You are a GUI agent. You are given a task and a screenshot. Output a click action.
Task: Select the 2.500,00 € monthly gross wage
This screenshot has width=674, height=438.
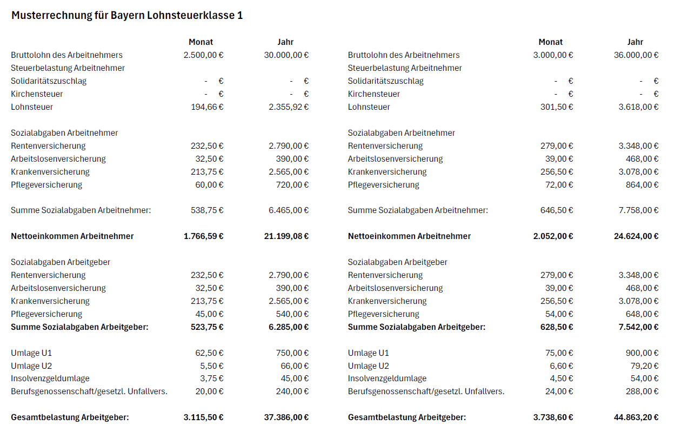point(203,55)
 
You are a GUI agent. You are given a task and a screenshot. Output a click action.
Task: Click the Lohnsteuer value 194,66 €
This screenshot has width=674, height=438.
point(207,107)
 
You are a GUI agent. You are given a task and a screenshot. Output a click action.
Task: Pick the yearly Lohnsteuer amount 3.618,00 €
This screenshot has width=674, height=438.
point(638,107)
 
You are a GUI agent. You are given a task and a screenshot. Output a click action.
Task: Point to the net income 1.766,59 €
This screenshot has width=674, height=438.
point(203,236)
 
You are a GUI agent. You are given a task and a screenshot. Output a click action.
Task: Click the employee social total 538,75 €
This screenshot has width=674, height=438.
point(207,210)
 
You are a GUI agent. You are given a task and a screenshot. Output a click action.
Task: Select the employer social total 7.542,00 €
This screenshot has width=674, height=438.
point(638,327)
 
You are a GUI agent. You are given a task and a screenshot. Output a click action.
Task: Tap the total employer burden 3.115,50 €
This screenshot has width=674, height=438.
point(203,417)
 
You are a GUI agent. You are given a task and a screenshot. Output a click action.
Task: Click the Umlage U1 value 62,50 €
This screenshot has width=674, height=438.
point(209,353)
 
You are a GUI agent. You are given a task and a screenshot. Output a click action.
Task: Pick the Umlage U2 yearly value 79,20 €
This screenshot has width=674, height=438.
point(643,366)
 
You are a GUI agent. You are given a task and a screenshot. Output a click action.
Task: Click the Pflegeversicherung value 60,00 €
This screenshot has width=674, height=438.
point(209,185)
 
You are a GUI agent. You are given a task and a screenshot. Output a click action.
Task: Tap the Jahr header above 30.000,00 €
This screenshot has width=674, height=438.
point(285,42)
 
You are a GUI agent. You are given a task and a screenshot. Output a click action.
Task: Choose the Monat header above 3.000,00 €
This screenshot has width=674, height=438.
point(550,42)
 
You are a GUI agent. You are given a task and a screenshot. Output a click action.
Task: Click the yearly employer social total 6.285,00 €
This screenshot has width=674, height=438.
point(289,327)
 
